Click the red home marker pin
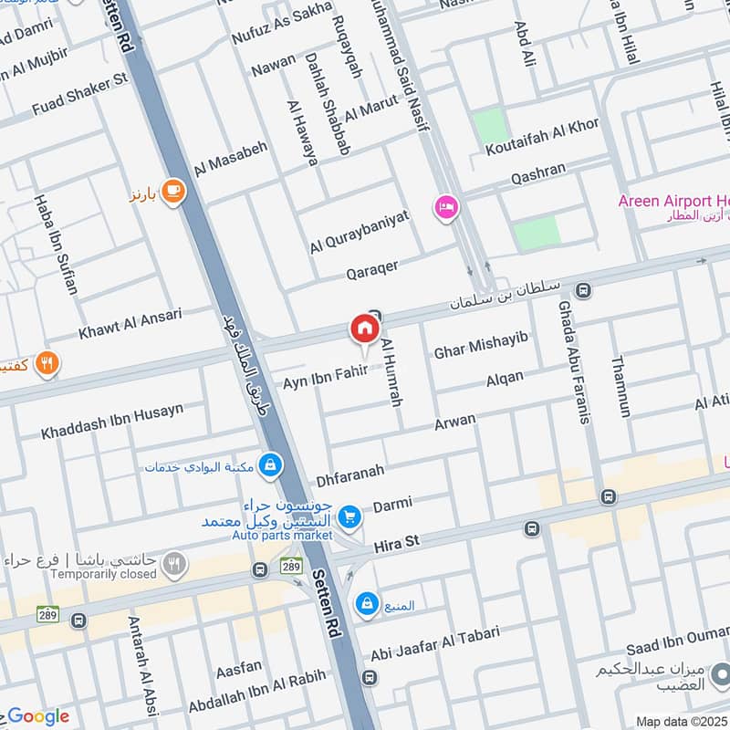coord(363,328)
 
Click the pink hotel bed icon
coord(446,208)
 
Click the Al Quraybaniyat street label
coord(360,231)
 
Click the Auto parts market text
coord(283,535)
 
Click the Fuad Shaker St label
coord(79,95)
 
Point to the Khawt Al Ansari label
coord(130,321)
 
